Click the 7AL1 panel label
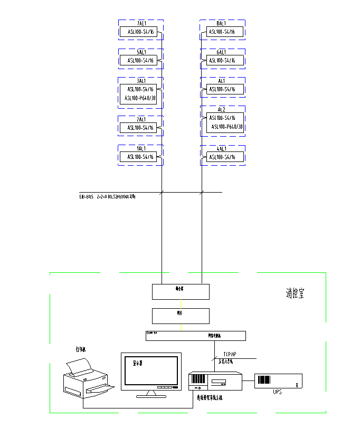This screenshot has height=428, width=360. [x=141, y=24]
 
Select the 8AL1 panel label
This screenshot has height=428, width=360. [x=222, y=24]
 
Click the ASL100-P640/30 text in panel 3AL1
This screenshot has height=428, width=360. [x=140, y=98]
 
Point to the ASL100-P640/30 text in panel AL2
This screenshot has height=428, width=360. [x=227, y=127]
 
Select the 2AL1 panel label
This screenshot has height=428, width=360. [x=140, y=120]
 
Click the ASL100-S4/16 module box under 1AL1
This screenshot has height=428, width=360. [x=140, y=157]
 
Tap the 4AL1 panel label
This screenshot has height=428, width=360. [x=222, y=149]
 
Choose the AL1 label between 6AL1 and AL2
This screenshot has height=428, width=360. [x=222, y=81]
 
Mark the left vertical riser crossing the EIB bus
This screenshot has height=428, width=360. [x=161, y=193]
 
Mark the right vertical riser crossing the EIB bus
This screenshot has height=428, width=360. [x=201, y=193]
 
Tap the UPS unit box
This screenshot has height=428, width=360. [x=278, y=381]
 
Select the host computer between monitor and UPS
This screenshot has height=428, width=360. [x=215, y=381]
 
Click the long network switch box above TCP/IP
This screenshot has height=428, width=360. [x=196, y=336]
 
